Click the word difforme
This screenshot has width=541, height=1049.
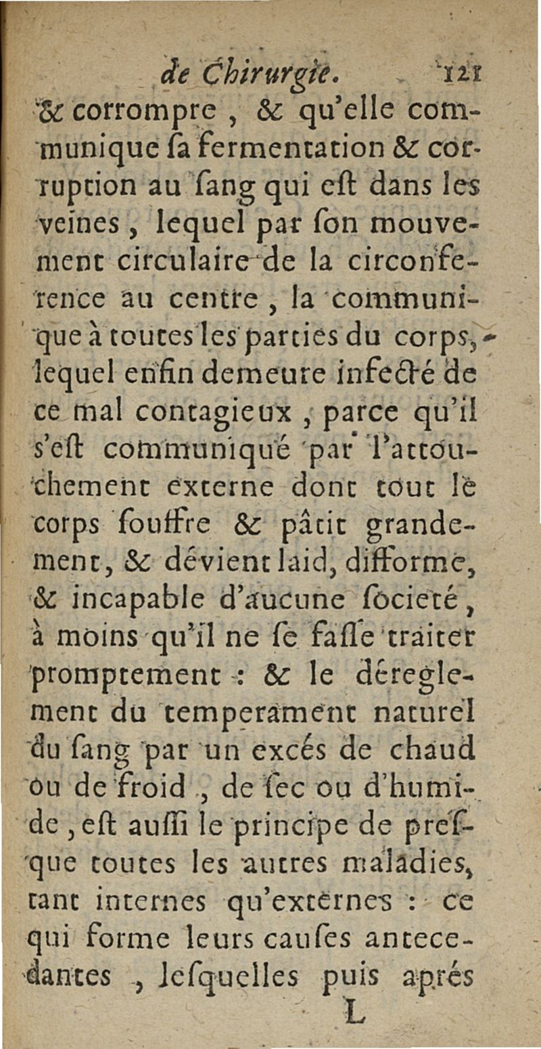point(411,559)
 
